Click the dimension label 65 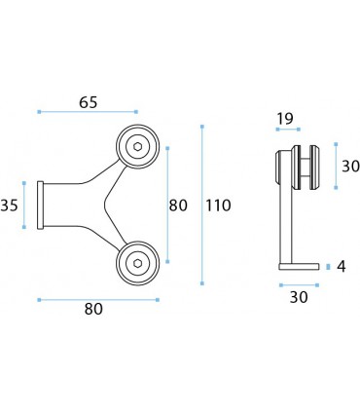tap(89, 102)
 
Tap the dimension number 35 tap(9, 206)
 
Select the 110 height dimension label tap(218, 206)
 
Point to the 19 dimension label tap(285, 119)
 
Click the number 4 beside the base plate tap(342, 267)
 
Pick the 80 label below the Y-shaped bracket tap(93, 309)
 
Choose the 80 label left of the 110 tap(178, 206)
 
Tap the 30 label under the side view tap(299, 297)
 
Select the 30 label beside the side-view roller tap(351, 167)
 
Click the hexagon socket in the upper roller tap(138, 147)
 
